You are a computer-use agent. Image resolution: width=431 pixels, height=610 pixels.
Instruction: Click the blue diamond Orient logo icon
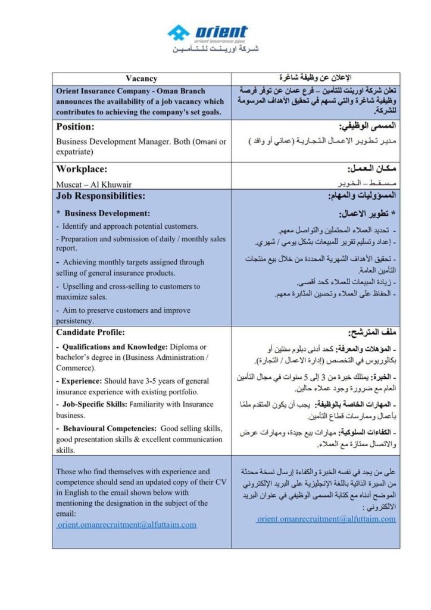(x=178, y=33)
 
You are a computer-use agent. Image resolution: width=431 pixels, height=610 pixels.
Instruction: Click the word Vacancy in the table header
(x=141, y=79)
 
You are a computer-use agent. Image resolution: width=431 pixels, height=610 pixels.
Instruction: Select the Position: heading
(x=76, y=127)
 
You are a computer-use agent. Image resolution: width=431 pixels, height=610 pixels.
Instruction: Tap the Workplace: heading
(x=82, y=169)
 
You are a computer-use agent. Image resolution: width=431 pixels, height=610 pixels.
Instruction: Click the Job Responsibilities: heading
(x=101, y=195)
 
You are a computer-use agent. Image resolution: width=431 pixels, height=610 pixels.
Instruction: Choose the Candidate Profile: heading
(x=90, y=332)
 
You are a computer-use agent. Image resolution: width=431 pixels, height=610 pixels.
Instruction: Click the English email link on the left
(x=127, y=525)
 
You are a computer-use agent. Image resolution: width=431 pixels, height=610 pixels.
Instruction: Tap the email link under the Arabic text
(x=326, y=519)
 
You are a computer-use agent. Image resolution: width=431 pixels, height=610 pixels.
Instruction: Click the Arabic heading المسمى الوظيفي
(x=367, y=127)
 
